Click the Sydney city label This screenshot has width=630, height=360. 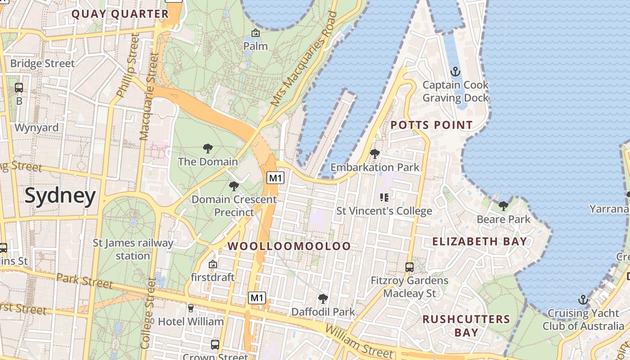point(60,196)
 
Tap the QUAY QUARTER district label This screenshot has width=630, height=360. point(120,14)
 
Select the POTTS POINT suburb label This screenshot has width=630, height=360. point(432,125)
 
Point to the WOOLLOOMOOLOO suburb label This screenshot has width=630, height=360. point(289,246)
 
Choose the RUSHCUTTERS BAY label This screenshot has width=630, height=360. point(466,326)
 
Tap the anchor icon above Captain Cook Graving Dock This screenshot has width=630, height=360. point(455,72)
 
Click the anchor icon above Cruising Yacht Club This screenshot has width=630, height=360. point(583,300)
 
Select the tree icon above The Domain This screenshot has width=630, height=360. point(207,148)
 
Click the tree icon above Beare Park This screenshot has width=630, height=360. point(503,206)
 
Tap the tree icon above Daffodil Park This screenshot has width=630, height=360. point(323,298)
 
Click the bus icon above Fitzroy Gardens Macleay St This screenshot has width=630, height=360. point(409,267)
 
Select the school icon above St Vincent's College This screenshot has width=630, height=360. point(384,197)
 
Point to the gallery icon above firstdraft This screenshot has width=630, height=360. point(213,264)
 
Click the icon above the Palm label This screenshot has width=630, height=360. point(255,33)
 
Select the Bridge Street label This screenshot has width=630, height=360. point(42,63)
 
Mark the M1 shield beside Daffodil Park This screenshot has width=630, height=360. point(256,298)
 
